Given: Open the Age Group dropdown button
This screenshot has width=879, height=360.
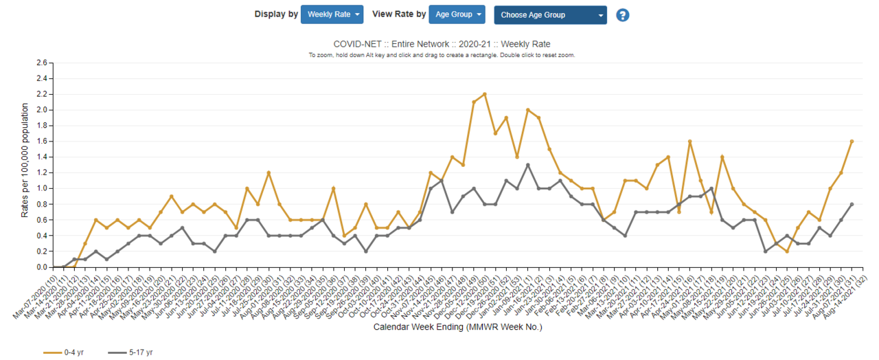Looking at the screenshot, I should pyautogui.click(x=457, y=14).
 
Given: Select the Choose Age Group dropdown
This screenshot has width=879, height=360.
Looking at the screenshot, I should pyautogui.click(x=550, y=15).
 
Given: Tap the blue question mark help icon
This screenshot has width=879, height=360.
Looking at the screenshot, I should pyautogui.click(x=623, y=15).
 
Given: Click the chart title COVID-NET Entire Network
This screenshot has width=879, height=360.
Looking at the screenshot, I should pyautogui.click(x=442, y=44).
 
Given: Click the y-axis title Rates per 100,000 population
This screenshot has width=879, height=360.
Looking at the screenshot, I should pyautogui.click(x=25, y=161).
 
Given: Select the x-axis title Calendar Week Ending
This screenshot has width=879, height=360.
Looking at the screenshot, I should pyautogui.click(x=457, y=327).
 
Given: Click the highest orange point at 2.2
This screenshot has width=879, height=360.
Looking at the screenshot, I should pyautogui.click(x=484, y=94).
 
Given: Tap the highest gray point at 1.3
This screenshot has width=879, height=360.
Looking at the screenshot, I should pyautogui.click(x=527, y=165).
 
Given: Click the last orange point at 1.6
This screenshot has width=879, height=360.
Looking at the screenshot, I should pyautogui.click(x=852, y=142).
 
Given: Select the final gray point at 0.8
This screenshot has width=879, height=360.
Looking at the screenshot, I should pyautogui.click(x=852, y=204).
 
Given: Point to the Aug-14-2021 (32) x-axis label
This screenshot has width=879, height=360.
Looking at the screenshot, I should pyautogui.click(x=841, y=291).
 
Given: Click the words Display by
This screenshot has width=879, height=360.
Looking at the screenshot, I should pyautogui.click(x=275, y=14).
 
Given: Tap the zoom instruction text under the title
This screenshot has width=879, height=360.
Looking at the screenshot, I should pyautogui.click(x=442, y=55).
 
